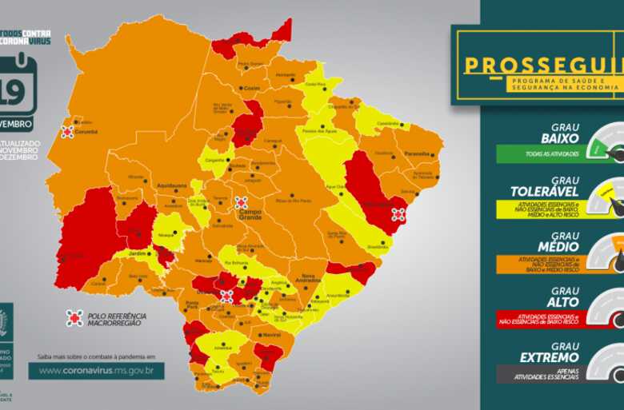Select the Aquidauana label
[170, 182]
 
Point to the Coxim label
[252, 88]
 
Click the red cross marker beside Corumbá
[68, 132]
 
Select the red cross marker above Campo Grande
[241, 203]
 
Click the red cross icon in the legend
[74, 318]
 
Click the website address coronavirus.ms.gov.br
[96, 371]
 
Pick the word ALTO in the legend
[562, 302]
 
